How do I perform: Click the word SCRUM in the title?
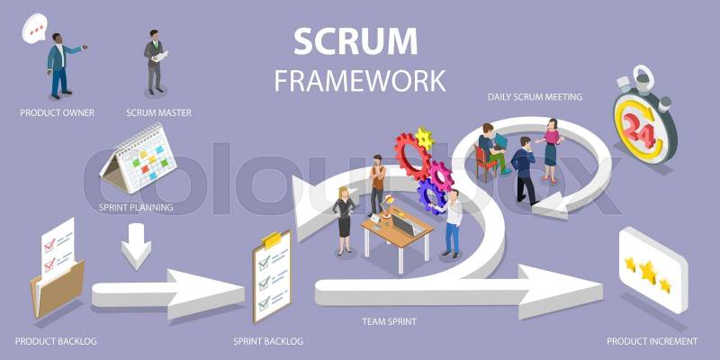355,41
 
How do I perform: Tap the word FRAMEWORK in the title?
359,80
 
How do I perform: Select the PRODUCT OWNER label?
58,112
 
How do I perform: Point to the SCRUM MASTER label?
158,112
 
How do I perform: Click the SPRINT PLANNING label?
136,207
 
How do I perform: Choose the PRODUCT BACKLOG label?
56,341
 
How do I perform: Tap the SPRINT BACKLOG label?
268,341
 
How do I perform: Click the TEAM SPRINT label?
389,320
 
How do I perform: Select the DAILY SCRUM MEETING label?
535,96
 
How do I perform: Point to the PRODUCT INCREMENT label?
652,341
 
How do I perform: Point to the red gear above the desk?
413,156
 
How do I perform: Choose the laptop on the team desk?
401,225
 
